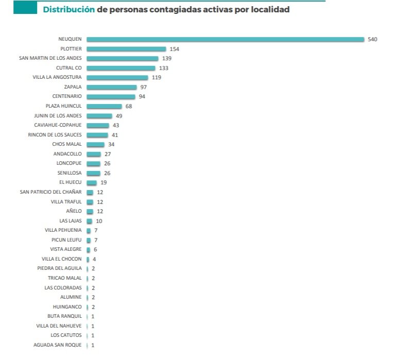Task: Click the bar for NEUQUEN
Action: click(x=225, y=39)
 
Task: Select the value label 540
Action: click(x=373, y=39)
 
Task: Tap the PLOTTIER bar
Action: click(x=126, y=49)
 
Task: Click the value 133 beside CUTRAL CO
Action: click(x=164, y=68)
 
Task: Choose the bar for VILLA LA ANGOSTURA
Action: click(x=117, y=77)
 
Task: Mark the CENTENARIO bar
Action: click(x=111, y=96)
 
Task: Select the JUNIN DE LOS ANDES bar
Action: click(x=99, y=115)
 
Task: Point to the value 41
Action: click(x=115, y=134)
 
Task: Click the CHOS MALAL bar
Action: click(x=96, y=144)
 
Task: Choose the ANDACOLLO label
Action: click(x=67, y=153)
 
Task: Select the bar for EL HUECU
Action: click(x=92, y=182)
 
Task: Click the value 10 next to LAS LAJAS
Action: click(x=99, y=221)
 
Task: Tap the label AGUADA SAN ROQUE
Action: click(x=57, y=345)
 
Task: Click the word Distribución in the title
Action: click(x=68, y=9)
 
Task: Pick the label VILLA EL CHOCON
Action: click(x=62, y=259)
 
